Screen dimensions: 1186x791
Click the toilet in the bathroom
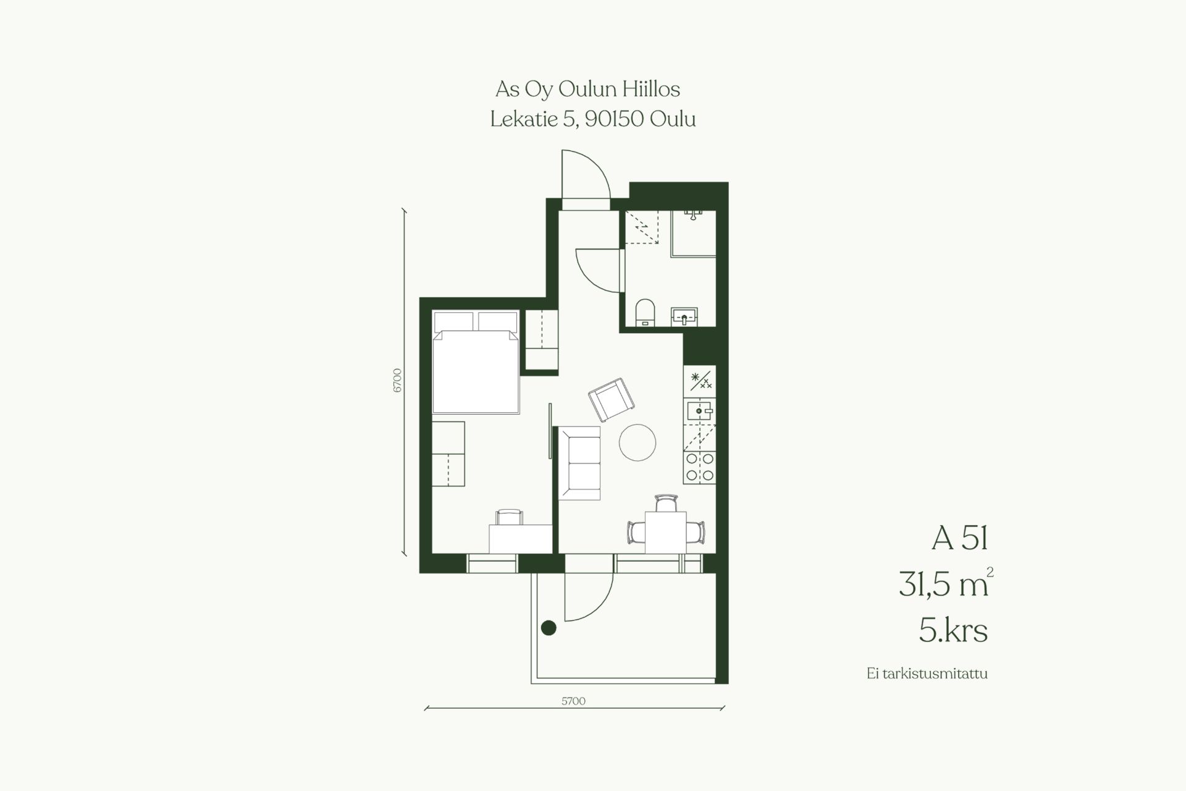(645, 312)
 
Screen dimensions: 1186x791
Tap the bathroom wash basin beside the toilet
(684, 316)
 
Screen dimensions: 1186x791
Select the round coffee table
(637, 442)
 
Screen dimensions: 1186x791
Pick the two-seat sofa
(580, 463)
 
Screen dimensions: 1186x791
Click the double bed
(476, 362)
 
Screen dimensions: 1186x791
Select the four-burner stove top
(700, 467)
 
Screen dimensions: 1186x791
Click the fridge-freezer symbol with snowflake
(700, 379)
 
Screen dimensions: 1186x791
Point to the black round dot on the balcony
(549, 628)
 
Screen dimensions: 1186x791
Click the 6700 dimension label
(397, 380)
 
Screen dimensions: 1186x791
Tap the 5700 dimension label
(573, 701)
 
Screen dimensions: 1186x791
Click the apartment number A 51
(960, 538)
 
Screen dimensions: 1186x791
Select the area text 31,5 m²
(946, 583)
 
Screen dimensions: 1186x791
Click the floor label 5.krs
(953, 631)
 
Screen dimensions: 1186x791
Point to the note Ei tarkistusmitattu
(927, 674)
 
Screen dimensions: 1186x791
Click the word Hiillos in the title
(652, 90)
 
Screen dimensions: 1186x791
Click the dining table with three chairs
(665, 526)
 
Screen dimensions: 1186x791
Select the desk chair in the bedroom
(510, 517)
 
